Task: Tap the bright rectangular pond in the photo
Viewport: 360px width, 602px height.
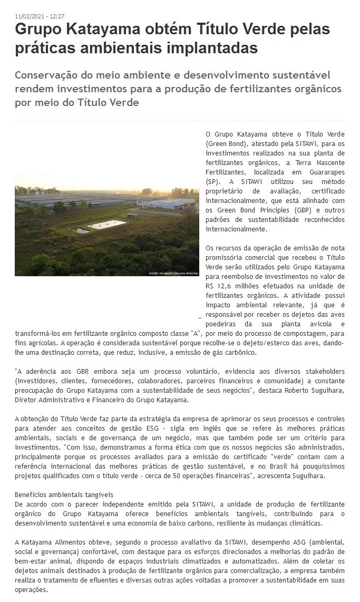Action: tap(107, 225)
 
